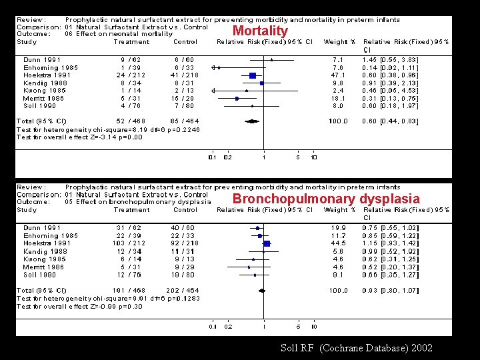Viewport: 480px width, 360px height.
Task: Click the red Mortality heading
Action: click(x=260, y=31)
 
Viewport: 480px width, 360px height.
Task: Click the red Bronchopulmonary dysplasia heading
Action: click(x=326, y=199)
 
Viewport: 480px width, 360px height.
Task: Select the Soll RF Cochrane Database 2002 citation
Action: click(x=357, y=347)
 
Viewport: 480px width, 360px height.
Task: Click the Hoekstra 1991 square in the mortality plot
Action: click(x=253, y=76)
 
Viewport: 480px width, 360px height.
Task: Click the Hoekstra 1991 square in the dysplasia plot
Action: click(x=267, y=243)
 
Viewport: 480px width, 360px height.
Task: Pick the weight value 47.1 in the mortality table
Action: click(x=337, y=75)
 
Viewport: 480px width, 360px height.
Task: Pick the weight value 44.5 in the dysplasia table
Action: click(x=337, y=243)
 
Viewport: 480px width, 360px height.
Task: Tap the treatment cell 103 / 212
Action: click(x=129, y=243)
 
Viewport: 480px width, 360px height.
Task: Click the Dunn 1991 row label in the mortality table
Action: click(x=42, y=61)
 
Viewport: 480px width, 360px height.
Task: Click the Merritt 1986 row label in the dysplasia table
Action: click(x=44, y=266)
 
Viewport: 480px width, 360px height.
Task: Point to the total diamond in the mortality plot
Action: click(x=253, y=121)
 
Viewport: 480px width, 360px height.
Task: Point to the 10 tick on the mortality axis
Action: click(x=313, y=158)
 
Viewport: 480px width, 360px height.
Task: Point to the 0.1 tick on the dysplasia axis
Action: click(x=212, y=326)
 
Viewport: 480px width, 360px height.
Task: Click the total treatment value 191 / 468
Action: click(x=129, y=290)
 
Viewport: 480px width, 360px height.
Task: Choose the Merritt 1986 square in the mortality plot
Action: click(x=236, y=98)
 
